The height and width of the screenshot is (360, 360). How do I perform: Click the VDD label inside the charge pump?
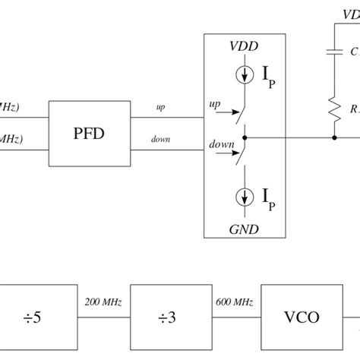pyautogui.click(x=243, y=47)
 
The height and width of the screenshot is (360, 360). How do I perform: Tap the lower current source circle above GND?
pyautogui.click(x=244, y=197)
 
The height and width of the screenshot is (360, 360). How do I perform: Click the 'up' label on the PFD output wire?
pyautogui.click(x=160, y=107)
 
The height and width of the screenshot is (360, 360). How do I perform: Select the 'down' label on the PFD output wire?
pyautogui.click(x=160, y=139)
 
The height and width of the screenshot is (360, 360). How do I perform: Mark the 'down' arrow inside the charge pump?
pyautogui.click(x=216, y=149)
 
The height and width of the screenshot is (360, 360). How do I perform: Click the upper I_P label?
pyautogui.click(x=268, y=79)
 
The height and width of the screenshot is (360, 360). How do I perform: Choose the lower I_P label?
pyautogui.click(x=268, y=200)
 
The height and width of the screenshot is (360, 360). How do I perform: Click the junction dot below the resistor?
pyautogui.click(x=334, y=138)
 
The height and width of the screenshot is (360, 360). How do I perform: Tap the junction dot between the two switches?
pyautogui.click(x=244, y=138)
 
